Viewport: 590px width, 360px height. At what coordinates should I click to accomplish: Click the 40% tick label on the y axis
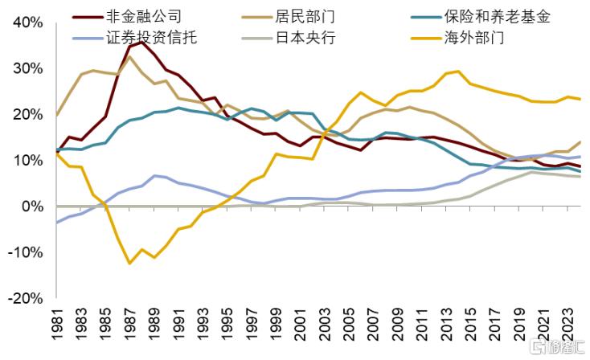pyautogui.click(x=27, y=22)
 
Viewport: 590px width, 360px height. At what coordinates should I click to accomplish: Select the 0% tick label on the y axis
pyautogui.click(x=32, y=207)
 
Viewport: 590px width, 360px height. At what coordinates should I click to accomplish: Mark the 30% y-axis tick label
pyautogui.click(x=27, y=68)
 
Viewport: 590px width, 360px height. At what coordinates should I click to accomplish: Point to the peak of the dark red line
pyautogui.click(x=142, y=42)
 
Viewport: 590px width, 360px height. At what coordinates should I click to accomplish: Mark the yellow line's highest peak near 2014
pyautogui.click(x=457, y=71)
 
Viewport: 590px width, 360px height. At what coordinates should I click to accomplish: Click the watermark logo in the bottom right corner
pyautogui.click(x=555, y=346)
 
